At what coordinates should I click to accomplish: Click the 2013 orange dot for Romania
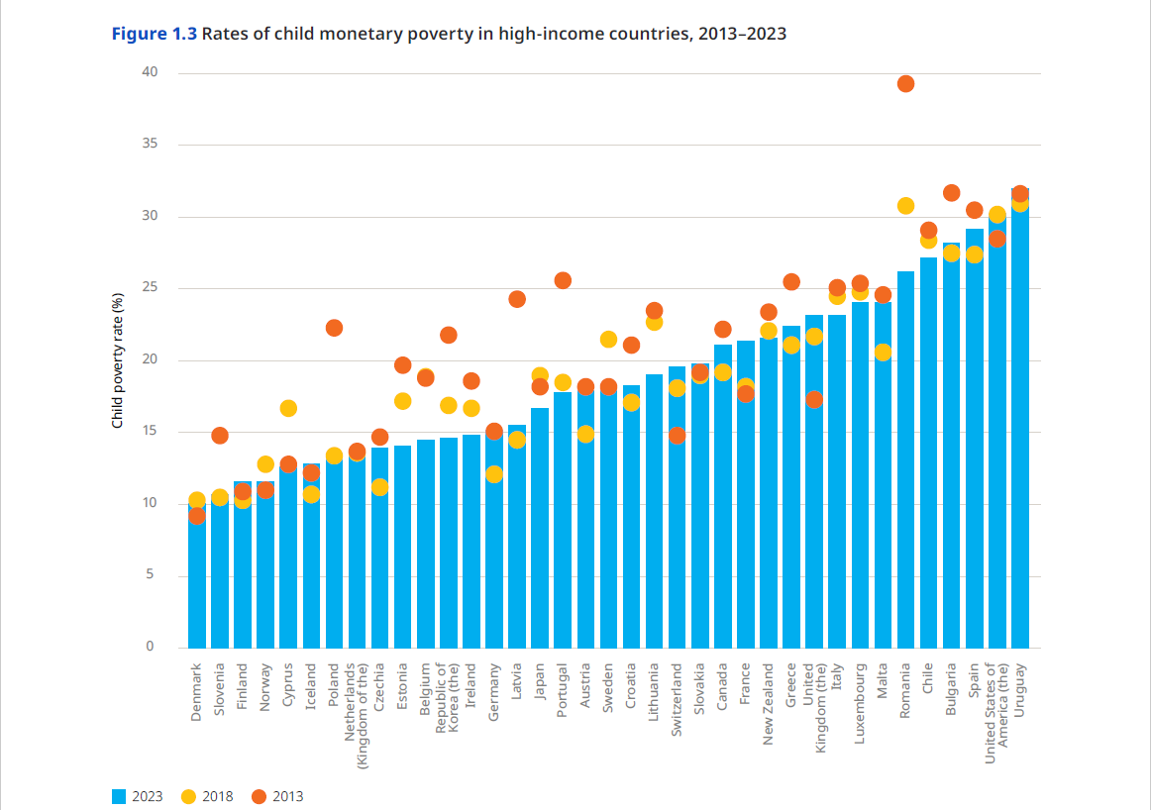point(905,84)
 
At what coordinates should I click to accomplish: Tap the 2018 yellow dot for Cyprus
point(288,408)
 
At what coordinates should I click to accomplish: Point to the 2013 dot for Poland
point(334,328)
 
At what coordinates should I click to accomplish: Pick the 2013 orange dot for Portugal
point(563,280)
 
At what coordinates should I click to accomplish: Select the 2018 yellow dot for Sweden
point(608,340)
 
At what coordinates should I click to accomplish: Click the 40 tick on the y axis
point(149,72)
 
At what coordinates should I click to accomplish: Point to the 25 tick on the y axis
point(149,288)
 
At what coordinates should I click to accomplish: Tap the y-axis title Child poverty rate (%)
point(117,360)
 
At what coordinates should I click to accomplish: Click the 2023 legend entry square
point(119,796)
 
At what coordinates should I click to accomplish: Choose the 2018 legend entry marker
point(188,796)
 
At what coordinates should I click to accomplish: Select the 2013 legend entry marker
point(259,796)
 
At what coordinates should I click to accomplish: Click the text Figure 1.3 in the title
point(154,34)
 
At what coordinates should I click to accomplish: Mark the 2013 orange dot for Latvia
point(517,299)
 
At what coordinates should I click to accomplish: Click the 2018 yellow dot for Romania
point(905,206)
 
